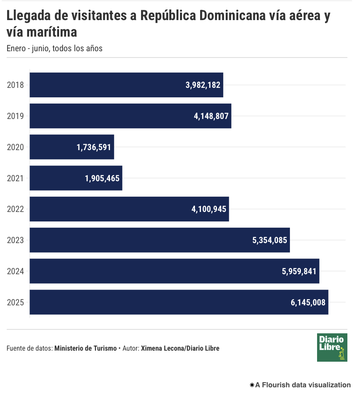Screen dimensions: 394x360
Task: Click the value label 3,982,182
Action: [x=203, y=85]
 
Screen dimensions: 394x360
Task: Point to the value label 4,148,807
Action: [x=211, y=116]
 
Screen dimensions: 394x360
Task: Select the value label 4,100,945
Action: [x=209, y=209]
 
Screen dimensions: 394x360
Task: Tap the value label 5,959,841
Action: [x=299, y=271]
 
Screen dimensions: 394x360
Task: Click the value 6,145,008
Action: [x=308, y=302]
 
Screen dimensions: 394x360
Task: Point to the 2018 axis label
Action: [x=16, y=85]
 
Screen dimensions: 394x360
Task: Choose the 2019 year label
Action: [x=16, y=116]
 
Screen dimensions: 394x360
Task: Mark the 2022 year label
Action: [x=16, y=209]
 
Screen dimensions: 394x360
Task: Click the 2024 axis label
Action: [x=16, y=271]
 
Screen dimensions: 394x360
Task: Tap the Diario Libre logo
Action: [x=332, y=347]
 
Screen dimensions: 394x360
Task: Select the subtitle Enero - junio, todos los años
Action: [x=55, y=48]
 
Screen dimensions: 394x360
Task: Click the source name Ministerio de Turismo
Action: [x=85, y=348]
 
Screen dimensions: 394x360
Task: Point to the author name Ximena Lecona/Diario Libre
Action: [x=180, y=348]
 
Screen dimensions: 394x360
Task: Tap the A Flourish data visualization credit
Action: [x=300, y=385]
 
